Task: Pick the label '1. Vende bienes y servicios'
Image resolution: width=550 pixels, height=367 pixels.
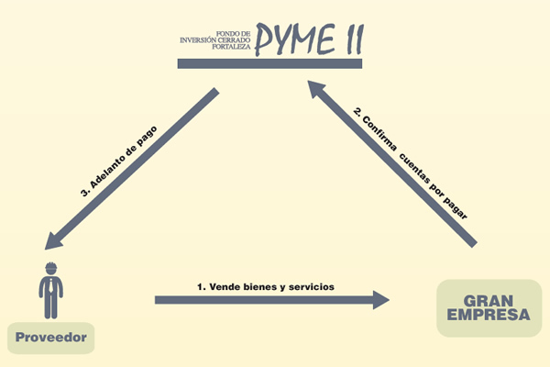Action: tap(266, 286)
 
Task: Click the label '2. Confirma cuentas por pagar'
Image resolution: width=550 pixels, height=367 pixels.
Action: tap(412, 162)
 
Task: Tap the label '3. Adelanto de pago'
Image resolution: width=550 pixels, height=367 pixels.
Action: tap(120, 161)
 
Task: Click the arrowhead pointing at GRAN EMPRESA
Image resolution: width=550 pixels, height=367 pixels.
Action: tap(378, 299)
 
